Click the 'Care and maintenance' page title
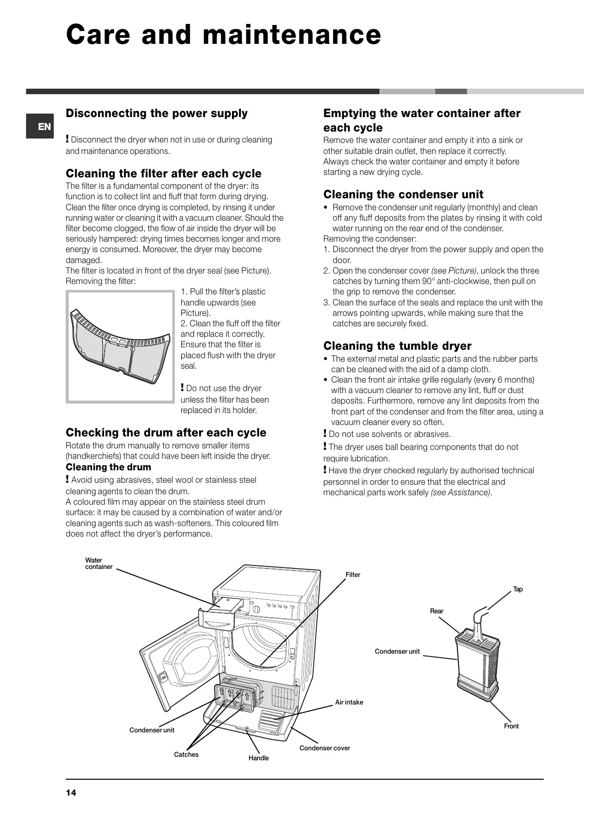(224, 35)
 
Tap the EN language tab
(44, 127)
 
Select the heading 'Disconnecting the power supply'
(156, 113)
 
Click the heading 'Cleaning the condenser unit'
(403, 194)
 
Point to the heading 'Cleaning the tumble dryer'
(397, 346)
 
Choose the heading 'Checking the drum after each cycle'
(166, 432)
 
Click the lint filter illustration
(121, 345)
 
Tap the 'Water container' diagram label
(99, 563)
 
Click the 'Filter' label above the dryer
(353, 574)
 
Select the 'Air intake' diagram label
(349, 702)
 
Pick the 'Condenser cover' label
(324, 748)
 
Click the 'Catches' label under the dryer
(186, 754)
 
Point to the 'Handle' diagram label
(258, 758)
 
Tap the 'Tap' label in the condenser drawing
(518, 589)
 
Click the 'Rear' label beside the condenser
(436, 611)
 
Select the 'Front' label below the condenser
(511, 726)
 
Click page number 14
(71, 793)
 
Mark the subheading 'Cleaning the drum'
(108, 467)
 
